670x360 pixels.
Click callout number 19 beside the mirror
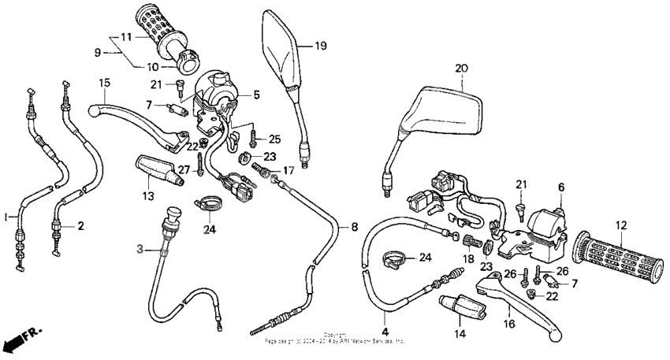click(321, 46)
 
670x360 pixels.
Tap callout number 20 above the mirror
click(461, 69)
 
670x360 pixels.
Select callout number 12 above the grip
click(620, 226)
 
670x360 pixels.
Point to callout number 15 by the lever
click(103, 83)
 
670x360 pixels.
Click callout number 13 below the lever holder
click(147, 195)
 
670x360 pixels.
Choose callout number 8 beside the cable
click(354, 227)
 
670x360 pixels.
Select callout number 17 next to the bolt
click(288, 169)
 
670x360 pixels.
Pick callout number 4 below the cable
click(386, 320)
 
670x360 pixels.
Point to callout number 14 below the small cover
click(460, 334)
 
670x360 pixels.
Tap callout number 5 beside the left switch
click(256, 95)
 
